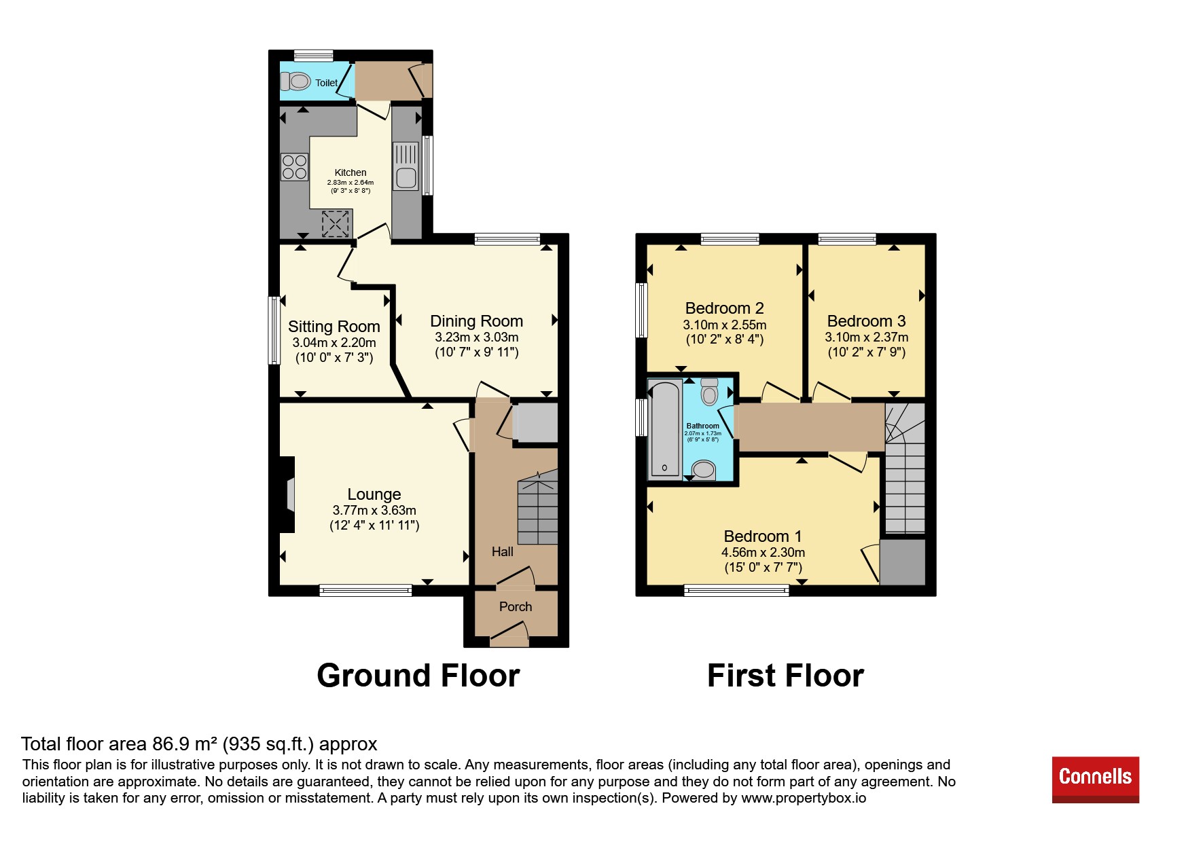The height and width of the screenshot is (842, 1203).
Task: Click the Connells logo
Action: pyautogui.click(x=1095, y=780)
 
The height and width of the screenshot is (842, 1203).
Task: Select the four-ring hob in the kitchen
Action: pyautogui.click(x=295, y=167)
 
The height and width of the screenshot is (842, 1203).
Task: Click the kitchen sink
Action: pyautogui.click(x=406, y=166)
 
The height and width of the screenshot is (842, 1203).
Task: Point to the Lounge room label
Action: pyautogui.click(x=374, y=494)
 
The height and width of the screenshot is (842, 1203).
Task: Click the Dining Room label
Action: pyautogui.click(x=477, y=321)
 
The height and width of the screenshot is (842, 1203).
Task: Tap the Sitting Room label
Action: pyautogui.click(x=334, y=327)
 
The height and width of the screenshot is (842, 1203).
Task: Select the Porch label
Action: pyautogui.click(x=516, y=607)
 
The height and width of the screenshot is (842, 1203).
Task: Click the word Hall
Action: pyautogui.click(x=503, y=552)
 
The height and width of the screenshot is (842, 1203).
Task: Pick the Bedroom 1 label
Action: pyautogui.click(x=763, y=536)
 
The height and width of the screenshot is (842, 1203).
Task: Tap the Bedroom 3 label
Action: pyautogui.click(x=867, y=321)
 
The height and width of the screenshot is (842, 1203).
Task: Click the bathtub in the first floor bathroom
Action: pyautogui.click(x=665, y=429)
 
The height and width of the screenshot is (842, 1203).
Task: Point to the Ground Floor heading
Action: pyautogui.click(x=418, y=676)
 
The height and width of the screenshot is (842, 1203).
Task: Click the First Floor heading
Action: pyautogui.click(x=786, y=676)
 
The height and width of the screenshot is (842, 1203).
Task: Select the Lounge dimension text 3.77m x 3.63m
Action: pyautogui.click(x=374, y=511)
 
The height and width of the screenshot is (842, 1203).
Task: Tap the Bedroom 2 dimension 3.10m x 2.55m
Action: pyautogui.click(x=725, y=325)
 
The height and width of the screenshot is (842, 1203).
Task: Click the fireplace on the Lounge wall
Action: pyautogui.click(x=287, y=494)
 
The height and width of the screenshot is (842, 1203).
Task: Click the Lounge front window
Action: pyautogui.click(x=365, y=591)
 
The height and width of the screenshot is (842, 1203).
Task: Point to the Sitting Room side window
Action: pyautogui.click(x=274, y=330)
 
